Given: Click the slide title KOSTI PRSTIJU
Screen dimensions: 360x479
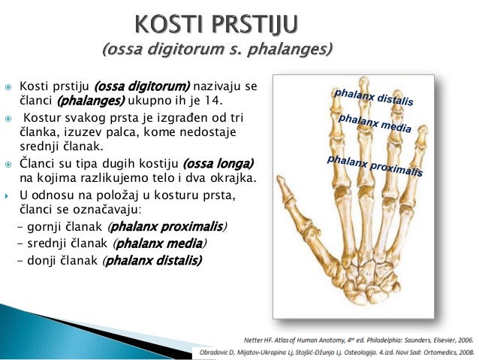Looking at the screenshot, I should (215, 25).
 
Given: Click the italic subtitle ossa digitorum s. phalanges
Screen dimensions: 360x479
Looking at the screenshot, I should (217, 50).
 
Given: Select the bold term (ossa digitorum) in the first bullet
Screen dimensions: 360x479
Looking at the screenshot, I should (147, 86).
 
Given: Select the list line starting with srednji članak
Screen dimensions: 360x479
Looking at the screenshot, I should (112, 244).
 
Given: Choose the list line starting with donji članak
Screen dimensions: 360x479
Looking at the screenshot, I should (110, 261).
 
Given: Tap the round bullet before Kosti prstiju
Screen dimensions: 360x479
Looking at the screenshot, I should (7, 87).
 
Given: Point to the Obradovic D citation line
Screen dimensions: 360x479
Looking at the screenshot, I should (336, 352).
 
